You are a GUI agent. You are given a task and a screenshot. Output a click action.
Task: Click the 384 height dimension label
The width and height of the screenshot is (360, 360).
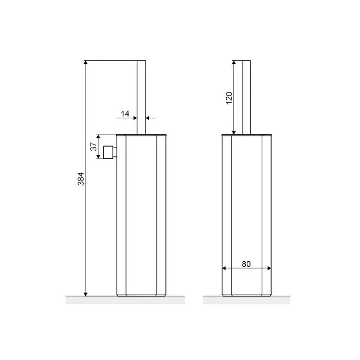(81, 179)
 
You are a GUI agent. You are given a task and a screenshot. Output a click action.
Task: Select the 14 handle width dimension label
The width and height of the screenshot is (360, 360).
(125, 114)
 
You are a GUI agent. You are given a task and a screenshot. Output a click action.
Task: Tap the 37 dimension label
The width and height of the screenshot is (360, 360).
(94, 147)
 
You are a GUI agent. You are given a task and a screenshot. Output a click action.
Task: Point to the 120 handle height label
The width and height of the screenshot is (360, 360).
(229, 98)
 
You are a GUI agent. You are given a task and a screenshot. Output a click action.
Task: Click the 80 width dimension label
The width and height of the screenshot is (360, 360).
(246, 264)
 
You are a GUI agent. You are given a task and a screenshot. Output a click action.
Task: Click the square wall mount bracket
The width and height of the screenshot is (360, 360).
(110, 152)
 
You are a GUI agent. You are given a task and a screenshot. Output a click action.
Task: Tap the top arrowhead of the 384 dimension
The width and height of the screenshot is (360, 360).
(86, 62)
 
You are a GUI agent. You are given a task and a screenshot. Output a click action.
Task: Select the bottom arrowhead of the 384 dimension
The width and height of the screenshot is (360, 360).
(86, 294)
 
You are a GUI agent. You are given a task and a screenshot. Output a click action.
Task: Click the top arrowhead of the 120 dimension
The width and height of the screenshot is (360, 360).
(234, 62)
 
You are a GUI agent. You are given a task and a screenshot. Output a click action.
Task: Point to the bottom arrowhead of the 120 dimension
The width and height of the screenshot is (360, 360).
(234, 133)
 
